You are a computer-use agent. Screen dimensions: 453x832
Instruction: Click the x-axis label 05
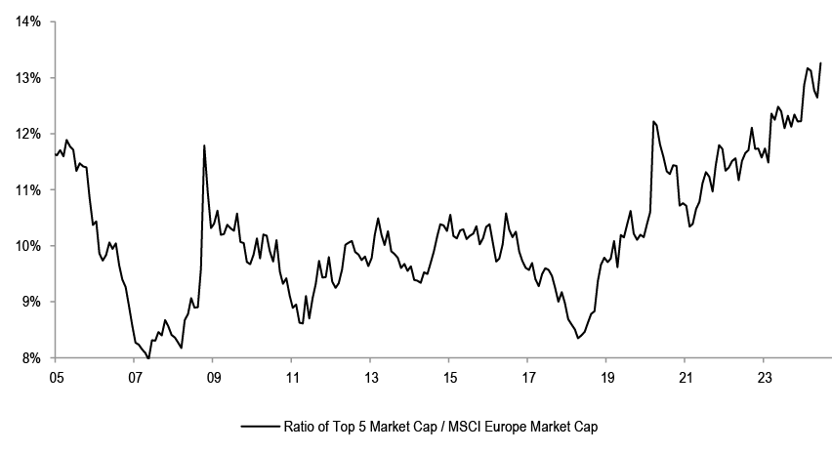coord(56,376)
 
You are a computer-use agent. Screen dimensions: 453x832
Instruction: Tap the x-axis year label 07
coord(135,376)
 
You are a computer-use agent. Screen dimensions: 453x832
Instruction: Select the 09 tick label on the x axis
coord(213,376)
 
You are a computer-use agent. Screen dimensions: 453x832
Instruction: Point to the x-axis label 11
coord(292,376)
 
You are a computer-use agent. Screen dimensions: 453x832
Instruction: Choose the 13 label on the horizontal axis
coord(370,376)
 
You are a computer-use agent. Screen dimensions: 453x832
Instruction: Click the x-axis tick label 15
coord(449,376)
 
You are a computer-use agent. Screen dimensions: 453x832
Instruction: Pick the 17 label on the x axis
coord(527,376)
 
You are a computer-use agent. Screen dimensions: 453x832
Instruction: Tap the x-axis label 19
coord(606,376)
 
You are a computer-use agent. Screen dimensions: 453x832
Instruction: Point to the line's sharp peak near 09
coord(204,145)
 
